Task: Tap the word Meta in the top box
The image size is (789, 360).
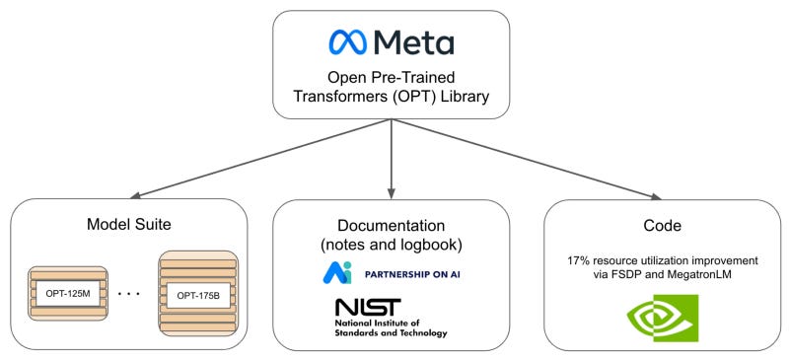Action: [415, 41]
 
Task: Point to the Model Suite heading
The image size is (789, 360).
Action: [127, 225]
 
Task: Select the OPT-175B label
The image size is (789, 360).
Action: [197, 294]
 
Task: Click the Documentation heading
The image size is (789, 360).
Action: [392, 225]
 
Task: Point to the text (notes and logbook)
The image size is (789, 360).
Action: [392, 244]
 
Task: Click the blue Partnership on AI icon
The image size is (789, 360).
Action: [336, 272]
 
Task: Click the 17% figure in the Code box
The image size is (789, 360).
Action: [578, 260]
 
